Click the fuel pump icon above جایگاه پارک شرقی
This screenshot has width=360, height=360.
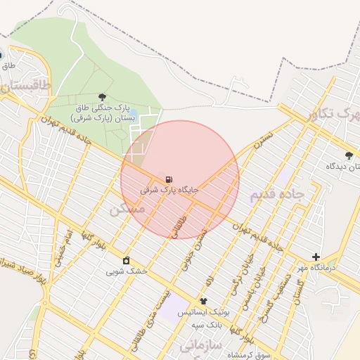click(169, 179)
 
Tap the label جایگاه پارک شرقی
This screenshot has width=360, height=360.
click(169, 190)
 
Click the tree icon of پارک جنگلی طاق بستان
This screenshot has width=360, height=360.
click(103, 98)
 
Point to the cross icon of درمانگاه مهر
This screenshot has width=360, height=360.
click(316, 257)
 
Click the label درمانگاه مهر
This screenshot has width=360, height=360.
click(335, 268)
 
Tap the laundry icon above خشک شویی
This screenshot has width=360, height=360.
click(126, 261)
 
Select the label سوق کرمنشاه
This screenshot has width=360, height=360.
click(254, 352)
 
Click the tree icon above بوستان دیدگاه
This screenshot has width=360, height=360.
click(349, 155)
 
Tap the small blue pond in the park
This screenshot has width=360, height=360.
click(133, 113)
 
